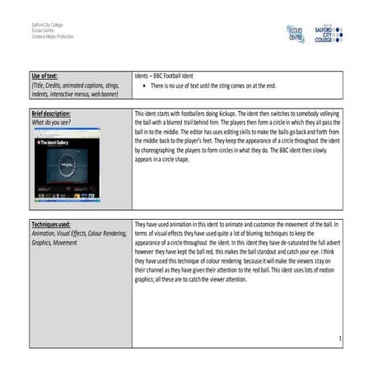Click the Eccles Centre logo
click(295, 34)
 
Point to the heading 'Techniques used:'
click(50, 224)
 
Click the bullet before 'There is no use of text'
click(145, 85)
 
